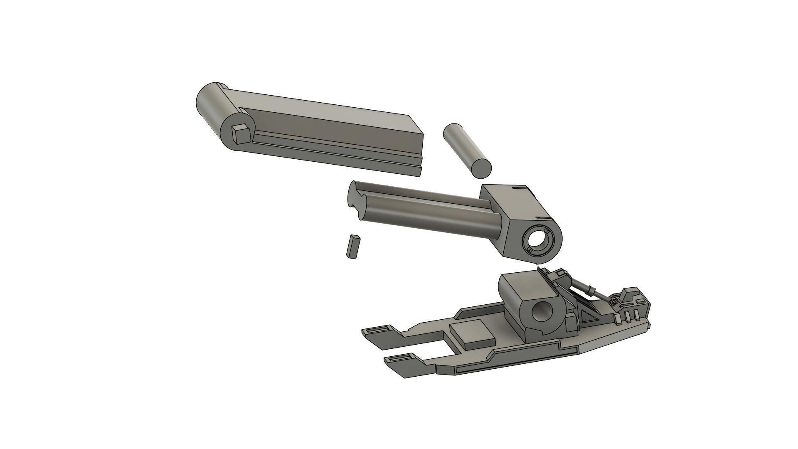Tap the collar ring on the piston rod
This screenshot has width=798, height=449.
(x=591, y=290)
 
